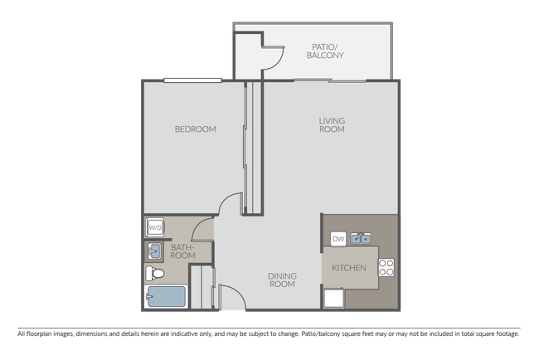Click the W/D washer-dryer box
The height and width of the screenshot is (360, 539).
[154, 226]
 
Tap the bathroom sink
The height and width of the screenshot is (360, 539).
[154, 251]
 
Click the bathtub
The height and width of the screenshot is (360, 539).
[165, 298]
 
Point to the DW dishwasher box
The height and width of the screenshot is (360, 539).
[337, 239]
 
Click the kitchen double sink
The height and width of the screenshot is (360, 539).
[359, 239]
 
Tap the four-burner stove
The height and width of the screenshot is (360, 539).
[386, 267]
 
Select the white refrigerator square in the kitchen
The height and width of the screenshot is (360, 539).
[333, 299]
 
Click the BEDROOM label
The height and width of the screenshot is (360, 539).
[195, 129]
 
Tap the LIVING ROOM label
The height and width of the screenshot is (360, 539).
[332, 125]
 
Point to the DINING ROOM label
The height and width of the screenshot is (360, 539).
[282, 280]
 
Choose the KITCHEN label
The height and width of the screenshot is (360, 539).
[348, 269]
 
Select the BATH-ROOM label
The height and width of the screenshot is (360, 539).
[182, 251]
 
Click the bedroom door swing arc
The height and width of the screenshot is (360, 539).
[231, 201]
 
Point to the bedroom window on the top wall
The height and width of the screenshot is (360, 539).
[192, 80]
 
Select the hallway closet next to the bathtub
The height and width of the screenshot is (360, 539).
[202, 288]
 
